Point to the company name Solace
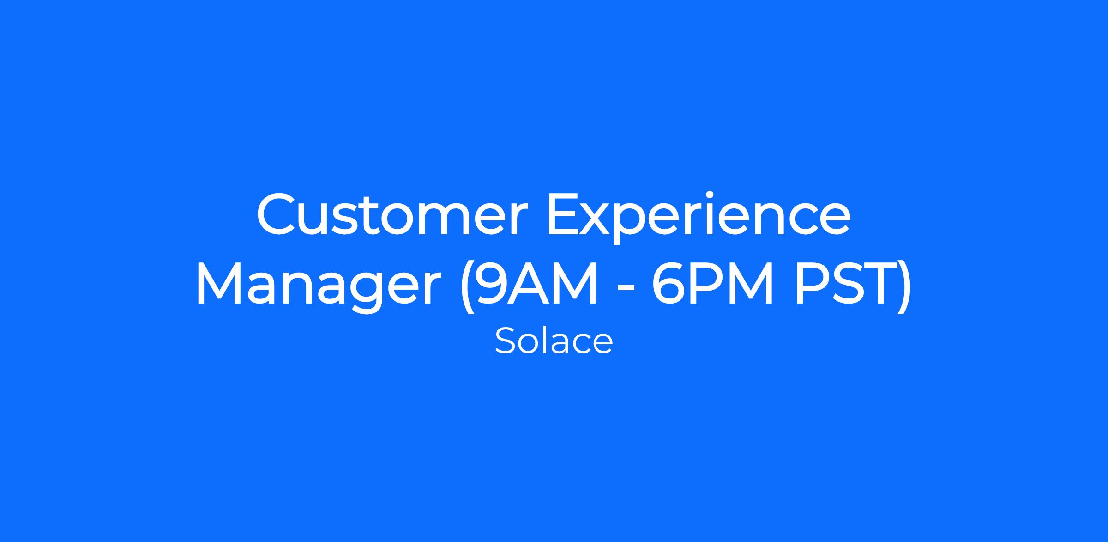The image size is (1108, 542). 554,341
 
